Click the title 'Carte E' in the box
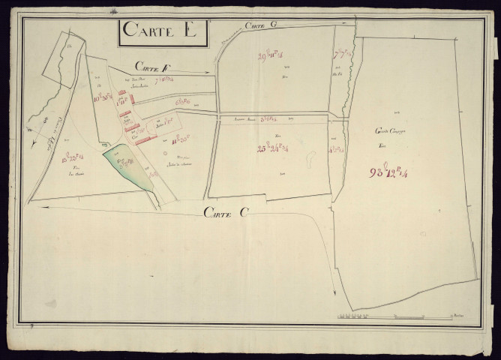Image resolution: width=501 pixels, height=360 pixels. click(154, 31)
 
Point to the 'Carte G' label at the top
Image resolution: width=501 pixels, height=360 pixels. click(262, 25)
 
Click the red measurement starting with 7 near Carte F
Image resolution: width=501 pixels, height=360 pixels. click(164, 79)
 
